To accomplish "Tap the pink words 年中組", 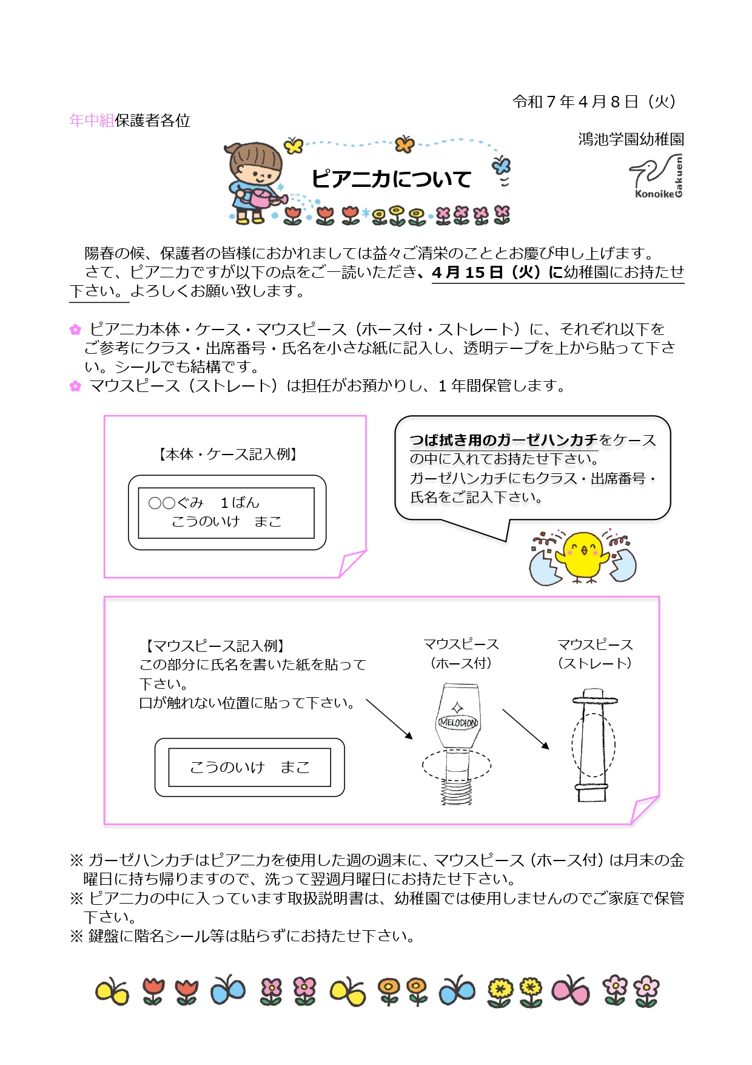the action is [92, 120].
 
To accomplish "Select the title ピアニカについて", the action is [391, 179].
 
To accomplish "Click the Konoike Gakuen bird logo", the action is [657, 176].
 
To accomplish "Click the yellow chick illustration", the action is [583, 558].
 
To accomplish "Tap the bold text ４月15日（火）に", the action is [497, 272].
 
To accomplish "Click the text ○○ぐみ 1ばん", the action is [204, 502].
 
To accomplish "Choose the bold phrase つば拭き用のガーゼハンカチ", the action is [504, 440].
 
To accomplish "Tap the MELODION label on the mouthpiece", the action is [458, 722].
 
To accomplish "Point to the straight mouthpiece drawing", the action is [593, 745].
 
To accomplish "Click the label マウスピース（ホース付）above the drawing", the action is [461, 654].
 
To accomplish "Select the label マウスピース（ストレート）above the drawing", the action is [595, 654].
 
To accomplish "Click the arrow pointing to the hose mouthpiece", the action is [389, 719].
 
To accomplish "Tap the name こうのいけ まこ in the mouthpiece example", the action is [250, 768].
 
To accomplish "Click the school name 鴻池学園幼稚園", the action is [631, 139].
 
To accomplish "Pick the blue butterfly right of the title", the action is [501, 165].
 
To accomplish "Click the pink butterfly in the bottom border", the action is [570, 991].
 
